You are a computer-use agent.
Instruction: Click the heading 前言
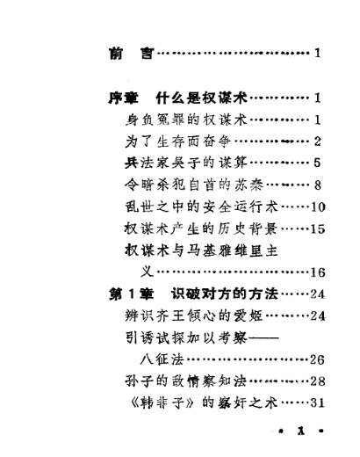coord(132,54)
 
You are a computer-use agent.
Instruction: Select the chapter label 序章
coord(123,98)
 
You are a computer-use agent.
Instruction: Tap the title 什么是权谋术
coord(202,98)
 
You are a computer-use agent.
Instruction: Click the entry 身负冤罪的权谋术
coord(186,120)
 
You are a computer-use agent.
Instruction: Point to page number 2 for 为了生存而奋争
coord(318,141)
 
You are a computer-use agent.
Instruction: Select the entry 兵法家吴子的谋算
coord(186,163)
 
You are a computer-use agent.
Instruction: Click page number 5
coord(318,163)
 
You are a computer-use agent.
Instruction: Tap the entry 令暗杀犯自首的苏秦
coord(194,185)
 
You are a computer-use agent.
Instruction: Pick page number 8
coord(318,185)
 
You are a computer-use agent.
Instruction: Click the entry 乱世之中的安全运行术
coord(201,207)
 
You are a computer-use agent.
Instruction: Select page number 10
coord(318,207)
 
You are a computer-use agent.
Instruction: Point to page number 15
coord(318,228)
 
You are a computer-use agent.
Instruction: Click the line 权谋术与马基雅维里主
coord(201,250)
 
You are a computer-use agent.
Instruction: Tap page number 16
coord(318,272)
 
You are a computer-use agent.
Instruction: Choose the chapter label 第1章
coord(132,294)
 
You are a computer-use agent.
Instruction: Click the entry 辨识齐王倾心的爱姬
coord(194,316)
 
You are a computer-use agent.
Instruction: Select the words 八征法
coord(162,359)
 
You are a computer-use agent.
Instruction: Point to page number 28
coord(318,381)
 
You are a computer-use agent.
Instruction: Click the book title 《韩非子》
coord(162,403)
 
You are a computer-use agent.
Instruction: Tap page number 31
coord(318,403)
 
